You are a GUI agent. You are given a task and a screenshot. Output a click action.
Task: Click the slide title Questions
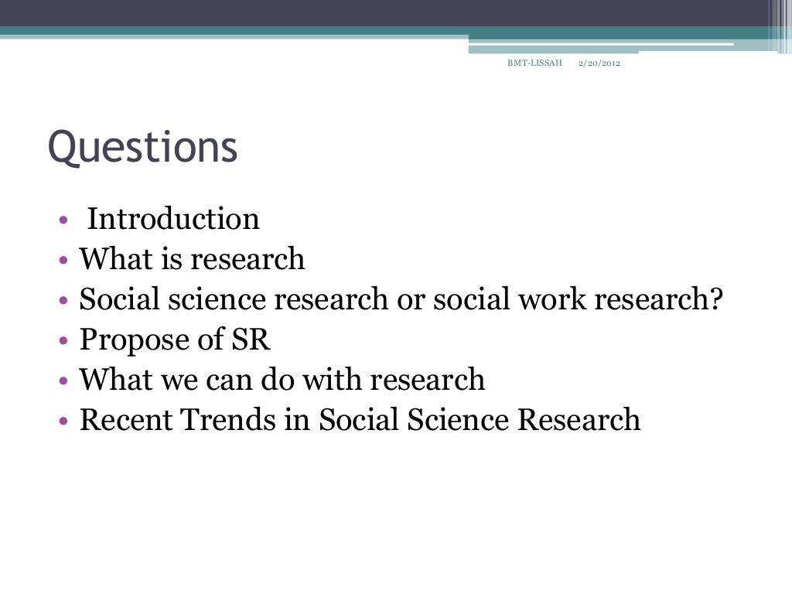(142, 148)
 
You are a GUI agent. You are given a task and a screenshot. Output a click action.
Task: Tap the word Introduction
(173, 219)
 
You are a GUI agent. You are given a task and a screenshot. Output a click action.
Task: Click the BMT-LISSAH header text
(534, 63)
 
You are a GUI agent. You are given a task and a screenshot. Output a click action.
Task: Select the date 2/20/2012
(599, 63)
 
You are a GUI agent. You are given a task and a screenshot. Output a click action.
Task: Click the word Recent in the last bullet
(126, 420)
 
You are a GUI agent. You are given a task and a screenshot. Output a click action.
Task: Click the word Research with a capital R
(579, 420)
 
